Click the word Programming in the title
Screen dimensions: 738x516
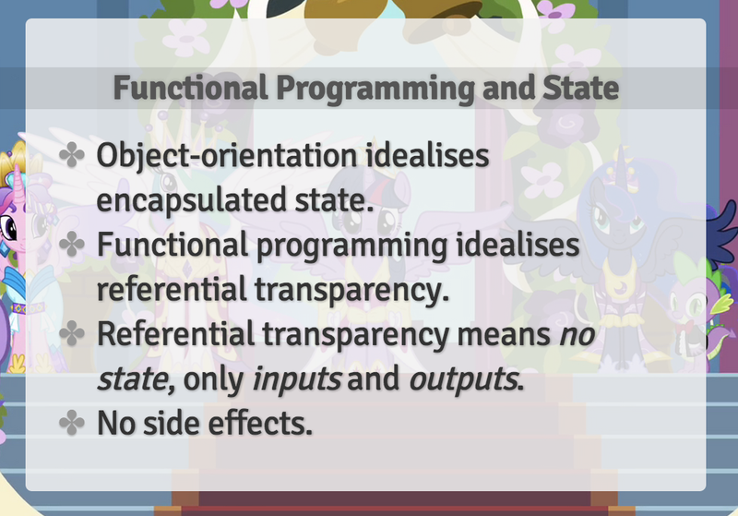point(375,89)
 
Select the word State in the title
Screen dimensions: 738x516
point(580,88)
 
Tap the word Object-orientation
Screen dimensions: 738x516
point(227,156)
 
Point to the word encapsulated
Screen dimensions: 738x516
point(191,200)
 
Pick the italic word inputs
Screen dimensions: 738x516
point(296,379)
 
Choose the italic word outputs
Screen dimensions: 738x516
point(464,379)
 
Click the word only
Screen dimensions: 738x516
point(213,379)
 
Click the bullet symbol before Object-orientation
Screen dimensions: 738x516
point(72,155)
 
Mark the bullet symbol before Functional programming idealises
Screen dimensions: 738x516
point(72,245)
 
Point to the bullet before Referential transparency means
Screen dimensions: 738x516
point(72,333)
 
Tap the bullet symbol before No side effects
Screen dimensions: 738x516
point(72,423)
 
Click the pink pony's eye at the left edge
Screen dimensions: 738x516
point(8,228)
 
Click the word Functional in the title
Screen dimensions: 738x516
point(191,88)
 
